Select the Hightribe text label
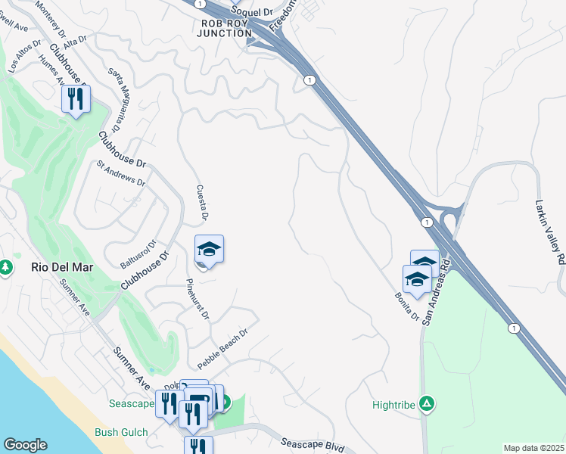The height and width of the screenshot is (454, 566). (x=394, y=405)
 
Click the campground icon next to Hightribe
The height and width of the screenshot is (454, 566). (x=427, y=404)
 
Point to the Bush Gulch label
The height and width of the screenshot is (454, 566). (x=121, y=433)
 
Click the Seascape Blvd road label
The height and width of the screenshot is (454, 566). (x=307, y=444)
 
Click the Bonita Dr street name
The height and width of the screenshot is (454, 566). (x=407, y=306)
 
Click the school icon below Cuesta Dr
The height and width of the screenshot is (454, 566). (x=209, y=250)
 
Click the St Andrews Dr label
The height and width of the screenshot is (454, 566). (x=120, y=173)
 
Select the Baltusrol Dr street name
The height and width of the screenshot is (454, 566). (x=138, y=254)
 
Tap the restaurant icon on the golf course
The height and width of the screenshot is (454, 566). (x=76, y=99)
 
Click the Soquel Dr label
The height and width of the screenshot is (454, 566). (x=251, y=11)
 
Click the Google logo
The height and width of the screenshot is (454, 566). (x=25, y=445)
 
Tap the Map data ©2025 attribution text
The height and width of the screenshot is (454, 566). (x=533, y=448)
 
